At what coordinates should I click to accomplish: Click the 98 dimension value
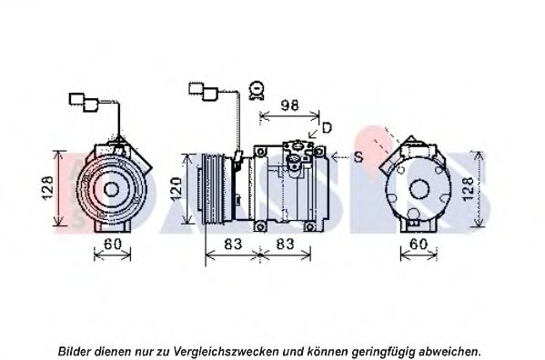coord(289,105)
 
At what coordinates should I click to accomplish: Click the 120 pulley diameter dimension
coord(177,189)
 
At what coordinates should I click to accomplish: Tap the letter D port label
coord(327,128)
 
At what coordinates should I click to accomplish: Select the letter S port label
coord(358,157)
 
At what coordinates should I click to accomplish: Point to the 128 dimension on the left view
coord(47,188)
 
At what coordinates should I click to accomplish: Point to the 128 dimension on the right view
coord(469,189)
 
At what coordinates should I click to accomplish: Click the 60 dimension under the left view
coord(113,244)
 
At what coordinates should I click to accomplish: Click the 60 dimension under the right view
coord(419,244)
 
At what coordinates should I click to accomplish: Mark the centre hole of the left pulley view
coord(111,190)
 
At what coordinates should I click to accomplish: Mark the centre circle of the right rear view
coord(419,190)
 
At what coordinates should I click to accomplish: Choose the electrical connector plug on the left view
coord(84,102)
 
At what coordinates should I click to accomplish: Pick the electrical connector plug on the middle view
coord(203,91)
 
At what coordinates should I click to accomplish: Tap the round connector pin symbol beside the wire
coord(257,90)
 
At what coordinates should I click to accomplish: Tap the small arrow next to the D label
coord(314,133)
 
